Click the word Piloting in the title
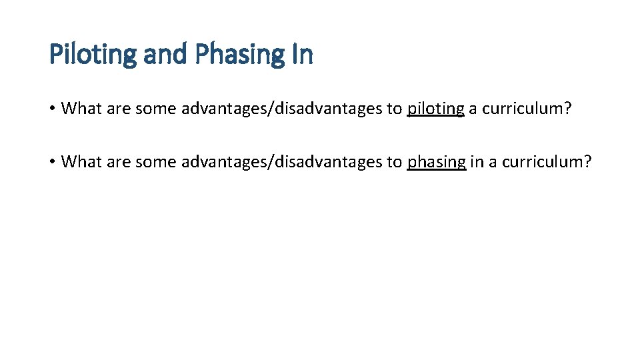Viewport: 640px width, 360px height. (x=94, y=55)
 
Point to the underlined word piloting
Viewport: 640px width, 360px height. (x=435, y=109)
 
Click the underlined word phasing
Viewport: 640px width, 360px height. (x=436, y=162)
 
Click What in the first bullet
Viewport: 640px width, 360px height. (x=81, y=109)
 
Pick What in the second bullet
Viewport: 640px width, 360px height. (x=81, y=162)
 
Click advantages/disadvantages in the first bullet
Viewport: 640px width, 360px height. (x=281, y=109)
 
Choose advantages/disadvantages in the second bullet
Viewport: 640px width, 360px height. (x=281, y=162)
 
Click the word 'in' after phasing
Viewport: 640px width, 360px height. (x=477, y=162)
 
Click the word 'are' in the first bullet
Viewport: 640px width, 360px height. (x=119, y=109)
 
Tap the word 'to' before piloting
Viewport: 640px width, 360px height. (x=394, y=109)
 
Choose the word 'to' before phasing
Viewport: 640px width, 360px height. (x=394, y=162)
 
